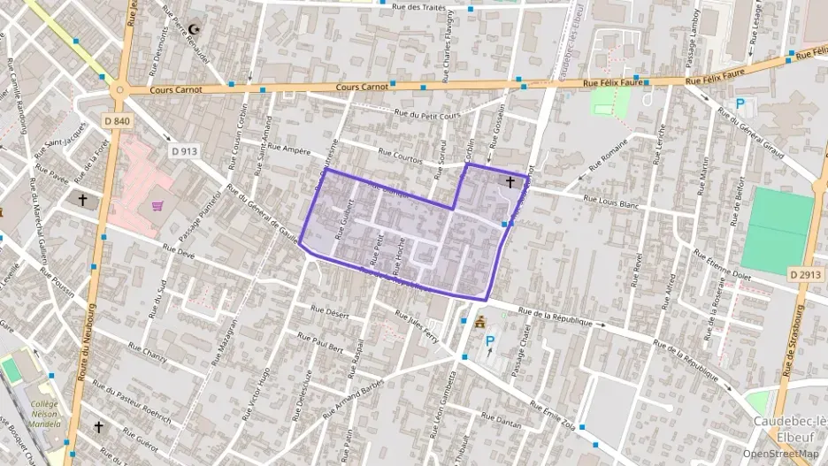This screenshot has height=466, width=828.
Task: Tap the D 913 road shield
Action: (x=184, y=151)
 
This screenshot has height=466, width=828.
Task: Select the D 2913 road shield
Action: (x=805, y=275)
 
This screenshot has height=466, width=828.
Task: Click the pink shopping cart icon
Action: (x=157, y=206)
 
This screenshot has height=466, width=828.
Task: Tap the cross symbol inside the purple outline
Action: (x=510, y=183)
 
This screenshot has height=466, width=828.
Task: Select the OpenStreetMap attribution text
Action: (x=780, y=454)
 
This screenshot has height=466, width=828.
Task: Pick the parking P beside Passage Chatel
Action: (x=489, y=340)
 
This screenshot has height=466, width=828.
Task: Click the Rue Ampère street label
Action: (x=283, y=149)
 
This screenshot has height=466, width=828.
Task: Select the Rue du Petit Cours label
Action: (x=428, y=113)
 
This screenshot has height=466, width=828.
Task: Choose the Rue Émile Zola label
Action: (x=553, y=412)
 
